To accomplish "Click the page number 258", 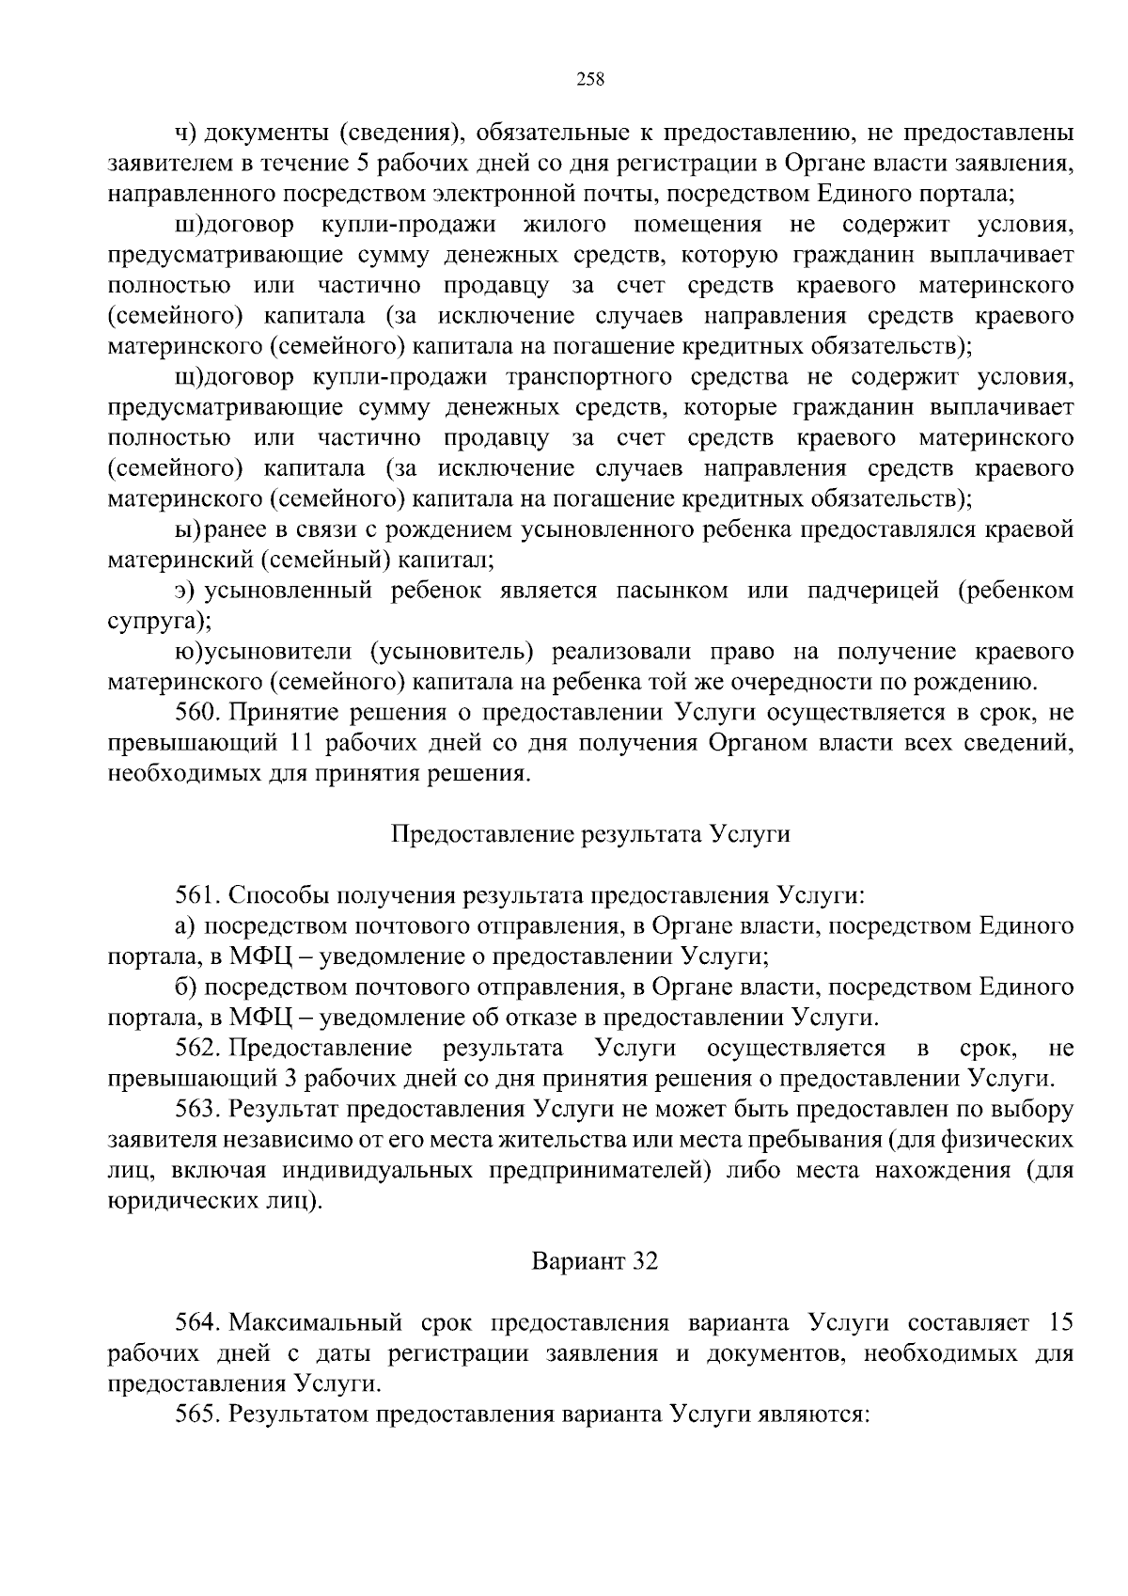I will (x=589, y=79).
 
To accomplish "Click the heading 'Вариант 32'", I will (x=595, y=1260).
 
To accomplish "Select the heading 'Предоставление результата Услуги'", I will (x=589, y=834).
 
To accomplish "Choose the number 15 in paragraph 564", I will (x=1059, y=1322).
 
